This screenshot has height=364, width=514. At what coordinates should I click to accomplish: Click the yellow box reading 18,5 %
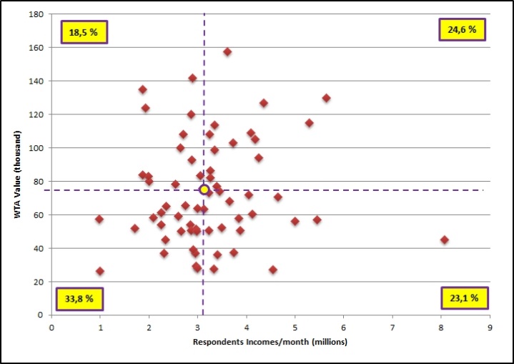point(84,32)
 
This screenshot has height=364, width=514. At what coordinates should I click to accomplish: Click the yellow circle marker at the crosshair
point(204,190)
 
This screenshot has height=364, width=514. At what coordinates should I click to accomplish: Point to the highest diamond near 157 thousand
point(227,51)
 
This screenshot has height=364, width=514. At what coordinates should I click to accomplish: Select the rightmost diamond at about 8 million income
point(445,240)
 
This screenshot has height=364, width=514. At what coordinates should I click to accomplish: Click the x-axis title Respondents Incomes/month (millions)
point(270,342)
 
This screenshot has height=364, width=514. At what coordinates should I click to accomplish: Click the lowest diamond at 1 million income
point(100,271)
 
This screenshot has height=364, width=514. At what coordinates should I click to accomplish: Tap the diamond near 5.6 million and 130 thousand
point(326,98)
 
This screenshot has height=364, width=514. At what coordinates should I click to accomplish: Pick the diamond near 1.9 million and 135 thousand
point(142,89)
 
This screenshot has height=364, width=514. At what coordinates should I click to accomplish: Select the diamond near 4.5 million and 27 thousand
point(272,270)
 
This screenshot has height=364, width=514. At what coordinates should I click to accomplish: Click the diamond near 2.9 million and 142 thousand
point(192,78)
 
